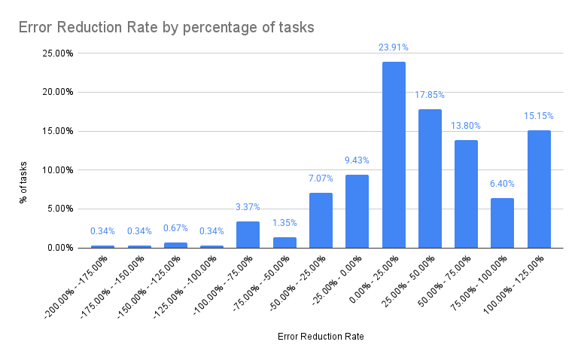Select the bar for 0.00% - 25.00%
coord(394,154)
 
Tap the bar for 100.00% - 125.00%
coord(539,189)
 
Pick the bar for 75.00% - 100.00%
coord(502,223)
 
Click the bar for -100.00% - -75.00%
coord(248,234)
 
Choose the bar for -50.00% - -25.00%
coord(321,220)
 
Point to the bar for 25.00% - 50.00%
coord(430,178)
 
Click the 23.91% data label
coord(394,47)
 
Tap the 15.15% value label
coord(539,116)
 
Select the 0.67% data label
coord(175,228)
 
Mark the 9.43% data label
coord(357,160)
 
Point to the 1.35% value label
coord(284,223)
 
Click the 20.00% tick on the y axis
coord(57,93)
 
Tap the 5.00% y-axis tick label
coord(59,209)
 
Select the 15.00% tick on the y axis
coord(57,131)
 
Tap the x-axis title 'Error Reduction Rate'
coord(321,337)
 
